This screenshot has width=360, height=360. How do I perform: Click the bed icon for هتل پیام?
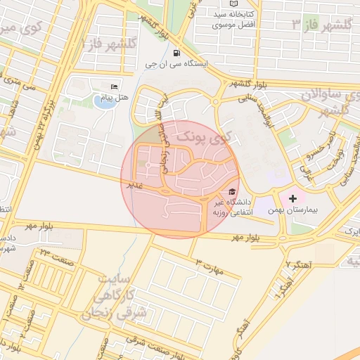coord(115,86)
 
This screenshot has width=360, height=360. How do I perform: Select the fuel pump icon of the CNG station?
coord(175,53)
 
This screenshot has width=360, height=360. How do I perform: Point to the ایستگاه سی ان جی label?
coord(177,64)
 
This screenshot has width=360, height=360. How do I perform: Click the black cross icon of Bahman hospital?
coord(292,199)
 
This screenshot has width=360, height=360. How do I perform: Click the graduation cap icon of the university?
coord(232,191)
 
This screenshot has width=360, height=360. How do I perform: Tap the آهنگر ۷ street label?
coord(300,264)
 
